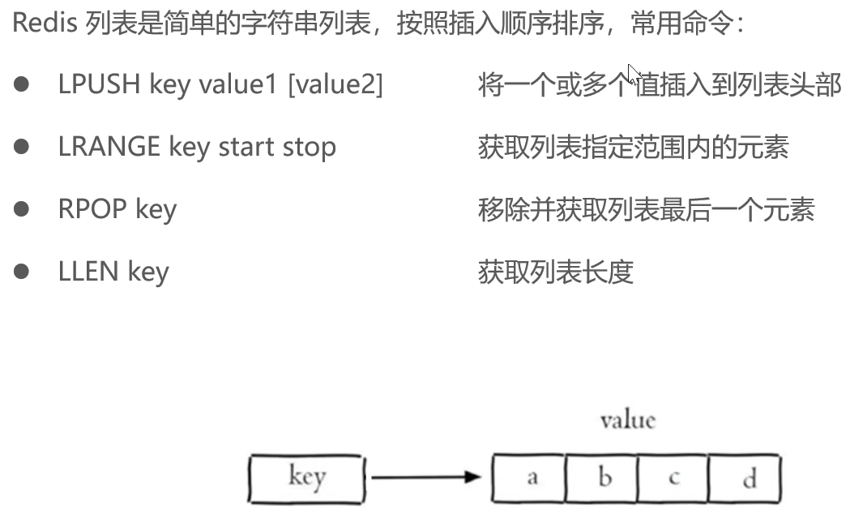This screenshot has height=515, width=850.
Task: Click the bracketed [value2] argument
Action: coord(335,84)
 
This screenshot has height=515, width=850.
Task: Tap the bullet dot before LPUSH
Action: coord(22,84)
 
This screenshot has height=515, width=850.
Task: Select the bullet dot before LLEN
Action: coord(22,271)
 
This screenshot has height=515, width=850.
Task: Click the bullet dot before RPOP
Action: coord(22,209)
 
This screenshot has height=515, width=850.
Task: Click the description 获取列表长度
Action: coord(555,271)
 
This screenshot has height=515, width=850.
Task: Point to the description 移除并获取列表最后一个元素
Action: coord(646,209)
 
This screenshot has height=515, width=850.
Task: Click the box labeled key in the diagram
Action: coord(306,476)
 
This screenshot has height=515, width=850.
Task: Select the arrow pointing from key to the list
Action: coord(426,477)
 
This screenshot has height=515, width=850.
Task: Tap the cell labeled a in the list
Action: coord(531,477)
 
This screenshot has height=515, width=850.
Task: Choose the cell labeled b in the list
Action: coord(603,477)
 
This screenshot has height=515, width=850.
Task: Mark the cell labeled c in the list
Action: coord(673,477)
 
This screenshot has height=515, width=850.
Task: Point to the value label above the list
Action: coord(627,420)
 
